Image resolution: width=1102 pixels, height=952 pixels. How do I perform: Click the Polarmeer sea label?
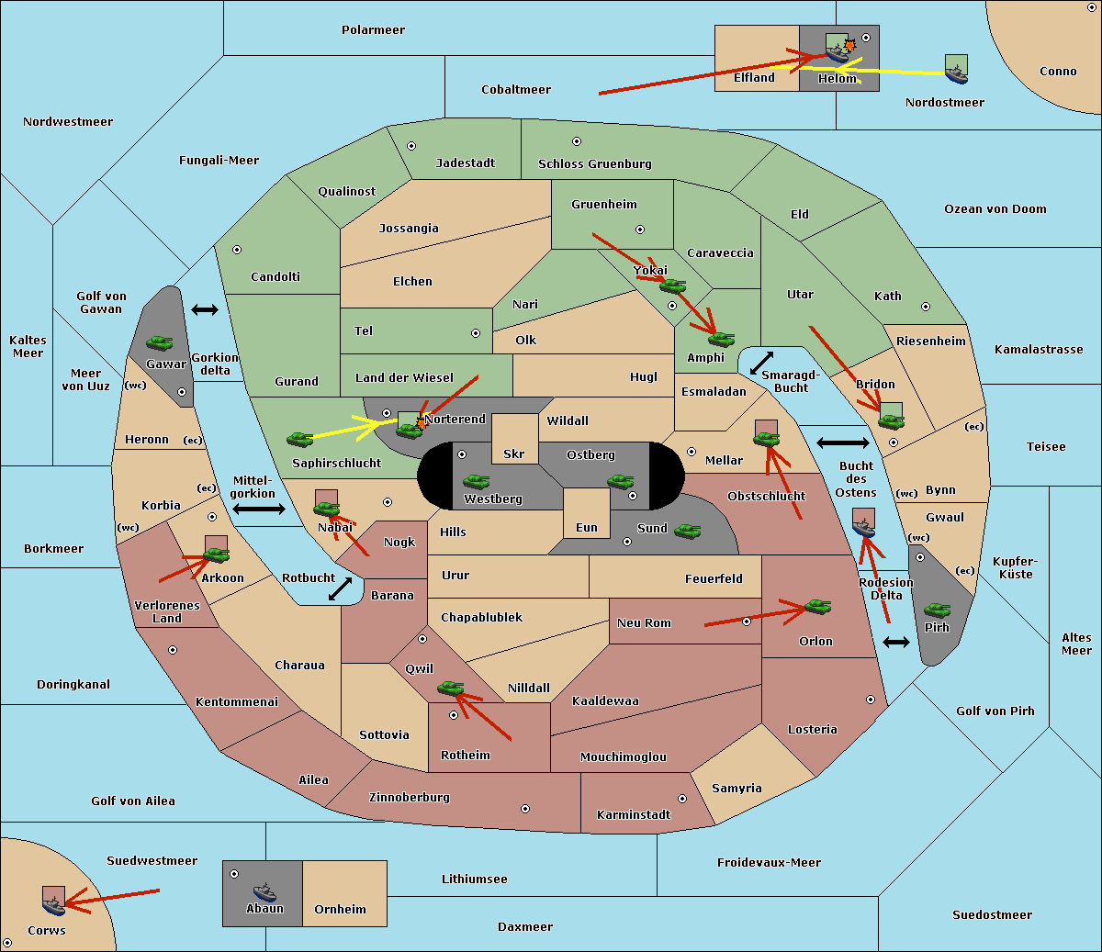373,30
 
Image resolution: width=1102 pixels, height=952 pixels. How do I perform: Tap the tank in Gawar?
160,342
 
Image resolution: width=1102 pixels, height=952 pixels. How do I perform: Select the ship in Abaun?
264,891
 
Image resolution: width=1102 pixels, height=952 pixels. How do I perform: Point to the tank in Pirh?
937,610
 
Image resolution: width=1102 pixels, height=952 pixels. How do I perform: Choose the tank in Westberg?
476,481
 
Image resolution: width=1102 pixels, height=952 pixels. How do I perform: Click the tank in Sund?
687,531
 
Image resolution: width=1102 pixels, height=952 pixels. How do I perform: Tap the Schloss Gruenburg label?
595,163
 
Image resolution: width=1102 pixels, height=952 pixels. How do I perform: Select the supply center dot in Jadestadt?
411,146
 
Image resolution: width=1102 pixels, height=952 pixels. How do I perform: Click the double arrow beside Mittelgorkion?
259,510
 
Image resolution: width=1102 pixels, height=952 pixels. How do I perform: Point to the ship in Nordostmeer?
957,75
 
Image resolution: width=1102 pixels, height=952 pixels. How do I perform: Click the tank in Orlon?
817,607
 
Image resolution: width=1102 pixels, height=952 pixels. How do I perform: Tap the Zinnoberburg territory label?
410,798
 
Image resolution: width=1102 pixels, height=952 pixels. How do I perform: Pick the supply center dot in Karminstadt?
682,799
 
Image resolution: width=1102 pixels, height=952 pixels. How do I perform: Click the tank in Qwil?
451,688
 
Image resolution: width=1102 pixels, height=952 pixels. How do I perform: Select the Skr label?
514,454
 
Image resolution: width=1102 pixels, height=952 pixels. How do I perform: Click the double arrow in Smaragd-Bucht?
761,363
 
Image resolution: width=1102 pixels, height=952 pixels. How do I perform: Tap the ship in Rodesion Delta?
863,528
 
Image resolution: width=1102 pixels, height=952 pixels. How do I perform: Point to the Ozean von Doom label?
995,209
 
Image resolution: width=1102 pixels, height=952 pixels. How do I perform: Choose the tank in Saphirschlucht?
299,439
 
